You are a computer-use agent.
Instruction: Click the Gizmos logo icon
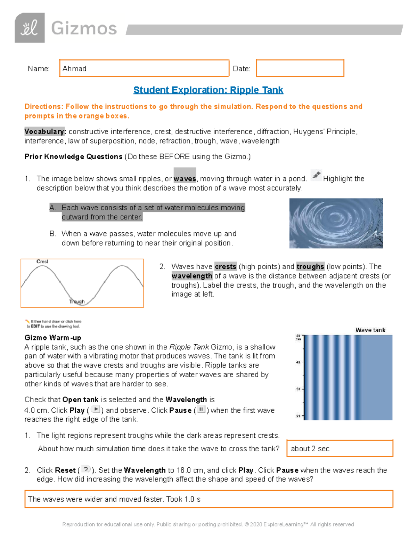[x=30, y=28]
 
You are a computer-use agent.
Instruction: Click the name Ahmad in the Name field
[x=74, y=68]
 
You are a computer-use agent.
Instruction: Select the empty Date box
[x=300, y=68]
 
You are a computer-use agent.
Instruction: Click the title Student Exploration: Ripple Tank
[x=208, y=90]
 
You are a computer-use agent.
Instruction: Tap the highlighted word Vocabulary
[x=44, y=131]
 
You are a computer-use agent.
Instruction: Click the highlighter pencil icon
[x=316, y=175]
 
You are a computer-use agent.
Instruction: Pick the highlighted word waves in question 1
[x=185, y=178]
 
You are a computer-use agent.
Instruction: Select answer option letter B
[x=53, y=234]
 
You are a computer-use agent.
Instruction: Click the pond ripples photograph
[x=336, y=223]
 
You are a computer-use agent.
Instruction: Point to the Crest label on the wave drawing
[x=42, y=261]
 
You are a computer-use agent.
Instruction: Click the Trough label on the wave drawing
[x=77, y=301]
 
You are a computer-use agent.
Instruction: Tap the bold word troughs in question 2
[x=310, y=266]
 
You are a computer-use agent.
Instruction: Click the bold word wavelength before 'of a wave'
[x=192, y=276]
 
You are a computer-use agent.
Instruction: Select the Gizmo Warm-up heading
[x=53, y=338]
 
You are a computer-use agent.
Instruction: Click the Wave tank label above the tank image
[x=370, y=330]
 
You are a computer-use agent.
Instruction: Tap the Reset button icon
[x=86, y=469]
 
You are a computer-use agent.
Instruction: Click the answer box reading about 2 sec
[x=340, y=449]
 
